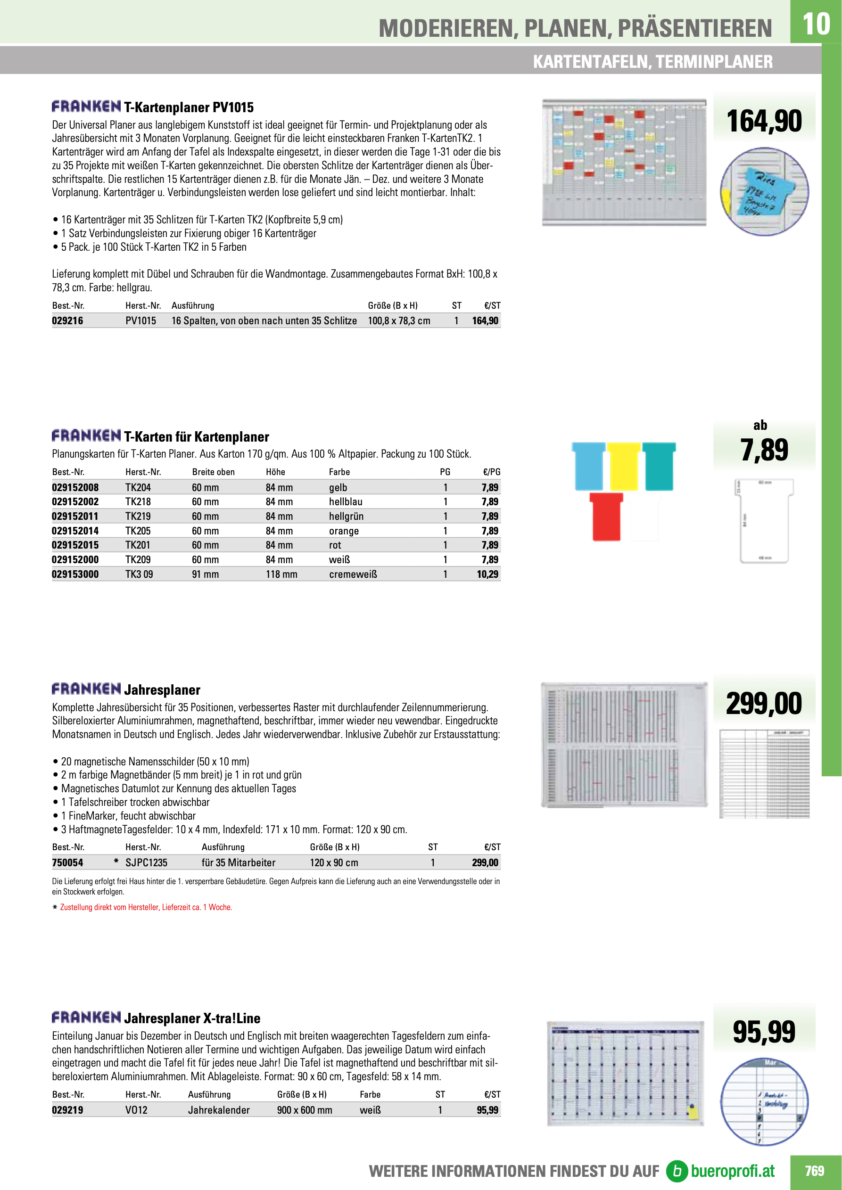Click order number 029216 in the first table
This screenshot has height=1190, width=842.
pos(67,321)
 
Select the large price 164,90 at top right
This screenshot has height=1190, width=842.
pos(764,121)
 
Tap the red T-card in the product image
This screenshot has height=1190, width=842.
pos(606,516)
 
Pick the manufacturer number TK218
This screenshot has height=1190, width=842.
pos(138,502)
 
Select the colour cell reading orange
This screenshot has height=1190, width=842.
pos(344,531)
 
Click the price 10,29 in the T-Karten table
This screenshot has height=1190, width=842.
pos(487,574)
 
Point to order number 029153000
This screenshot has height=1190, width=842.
pos(75,574)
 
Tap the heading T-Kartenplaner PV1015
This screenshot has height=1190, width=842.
pos(189,107)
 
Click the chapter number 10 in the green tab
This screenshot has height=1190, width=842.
pos(816,24)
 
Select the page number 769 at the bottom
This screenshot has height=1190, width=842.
pos(814,1171)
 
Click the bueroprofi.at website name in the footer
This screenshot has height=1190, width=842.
pos(732,1171)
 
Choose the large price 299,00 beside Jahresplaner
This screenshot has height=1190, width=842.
pos(764,704)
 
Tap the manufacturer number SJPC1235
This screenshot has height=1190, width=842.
pos(146,862)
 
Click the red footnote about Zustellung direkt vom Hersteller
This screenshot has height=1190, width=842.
pos(146,907)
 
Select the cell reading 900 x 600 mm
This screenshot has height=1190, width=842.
pos(305,1110)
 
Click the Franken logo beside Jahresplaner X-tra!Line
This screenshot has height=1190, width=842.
pos(86,1018)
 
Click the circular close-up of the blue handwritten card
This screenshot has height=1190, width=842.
pos(764,191)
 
